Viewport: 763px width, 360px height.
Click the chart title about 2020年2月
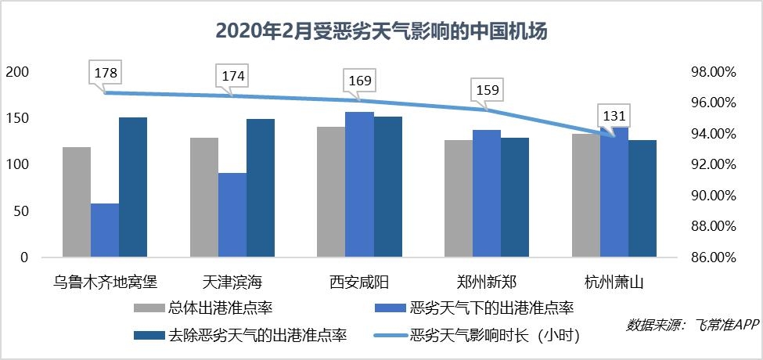click(x=381, y=31)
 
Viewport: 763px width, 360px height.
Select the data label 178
click(x=106, y=74)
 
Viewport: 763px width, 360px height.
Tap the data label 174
click(x=233, y=77)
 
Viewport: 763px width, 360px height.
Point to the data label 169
click(x=360, y=81)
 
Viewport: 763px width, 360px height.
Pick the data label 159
click(x=488, y=89)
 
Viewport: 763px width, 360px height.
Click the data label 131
click(x=614, y=116)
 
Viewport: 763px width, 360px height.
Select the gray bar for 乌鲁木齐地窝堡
click(x=77, y=202)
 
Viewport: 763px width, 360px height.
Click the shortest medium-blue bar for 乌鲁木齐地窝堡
click(x=105, y=230)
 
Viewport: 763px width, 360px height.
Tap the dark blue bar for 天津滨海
click(x=261, y=188)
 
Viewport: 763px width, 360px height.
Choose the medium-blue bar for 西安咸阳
click(x=360, y=185)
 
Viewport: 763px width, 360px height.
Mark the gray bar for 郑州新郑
click(x=459, y=198)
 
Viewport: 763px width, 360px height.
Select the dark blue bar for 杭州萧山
click(x=642, y=198)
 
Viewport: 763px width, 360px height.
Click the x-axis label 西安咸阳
click(x=359, y=281)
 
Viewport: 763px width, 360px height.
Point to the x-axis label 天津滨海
click(x=232, y=281)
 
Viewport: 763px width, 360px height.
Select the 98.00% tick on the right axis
click(x=713, y=72)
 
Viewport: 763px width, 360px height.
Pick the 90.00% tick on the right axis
click(x=713, y=196)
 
